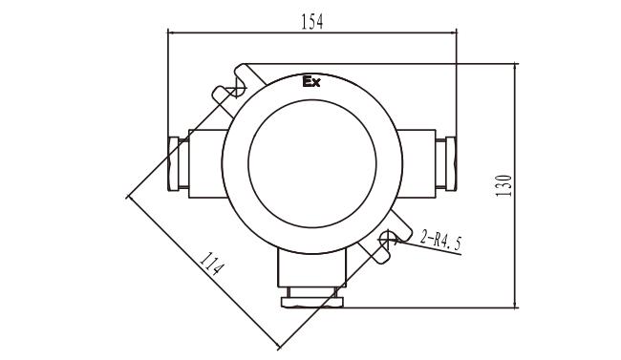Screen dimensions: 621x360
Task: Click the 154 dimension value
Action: pos(312,22)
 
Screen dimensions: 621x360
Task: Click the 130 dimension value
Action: pos(503,185)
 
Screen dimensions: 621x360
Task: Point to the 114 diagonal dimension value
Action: pos(212,264)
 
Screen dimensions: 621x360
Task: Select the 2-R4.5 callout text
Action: pos(440,241)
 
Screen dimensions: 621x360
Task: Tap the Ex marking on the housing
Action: pos(311,81)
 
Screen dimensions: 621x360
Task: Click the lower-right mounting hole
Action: pos(387,238)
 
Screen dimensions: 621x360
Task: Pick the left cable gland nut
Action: pos(174,163)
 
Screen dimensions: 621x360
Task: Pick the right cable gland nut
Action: pos(451,163)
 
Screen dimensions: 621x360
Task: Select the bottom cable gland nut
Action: pos(311,303)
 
